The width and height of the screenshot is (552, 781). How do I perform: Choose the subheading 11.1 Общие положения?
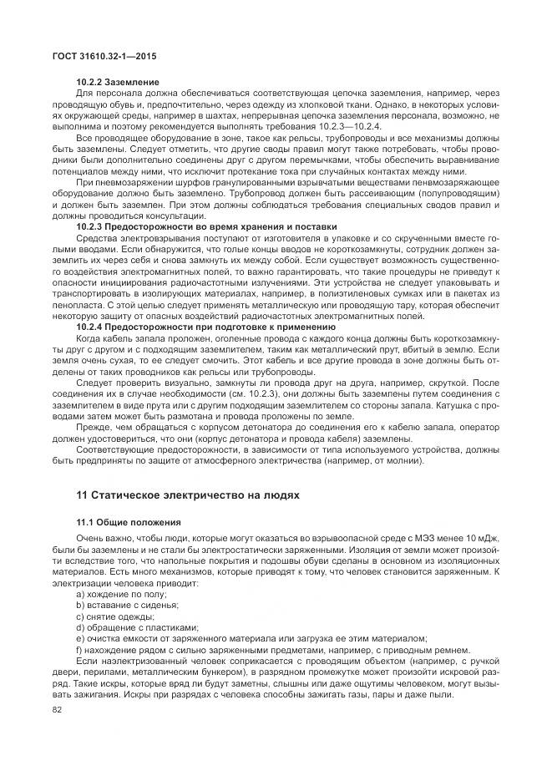point(126,522)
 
